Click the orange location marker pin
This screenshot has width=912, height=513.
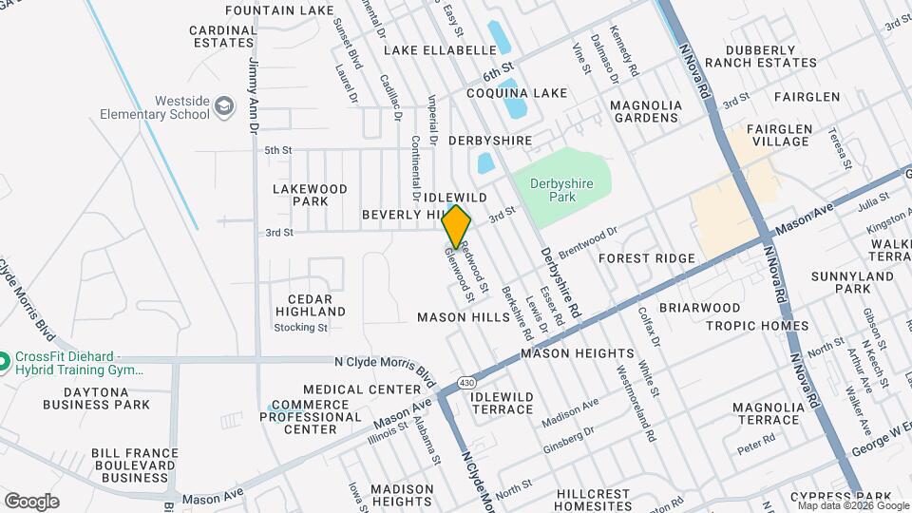(457, 226)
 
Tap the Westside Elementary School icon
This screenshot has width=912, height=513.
(224, 104)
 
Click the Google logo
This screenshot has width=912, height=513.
(31, 501)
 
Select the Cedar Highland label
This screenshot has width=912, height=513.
(311, 304)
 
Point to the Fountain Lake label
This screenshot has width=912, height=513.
(279, 10)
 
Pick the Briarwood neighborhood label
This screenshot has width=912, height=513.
(700, 308)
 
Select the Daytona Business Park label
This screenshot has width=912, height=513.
(94, 397)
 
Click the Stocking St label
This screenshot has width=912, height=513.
(300, 328)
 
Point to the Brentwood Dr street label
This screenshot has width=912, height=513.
(588, 238)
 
